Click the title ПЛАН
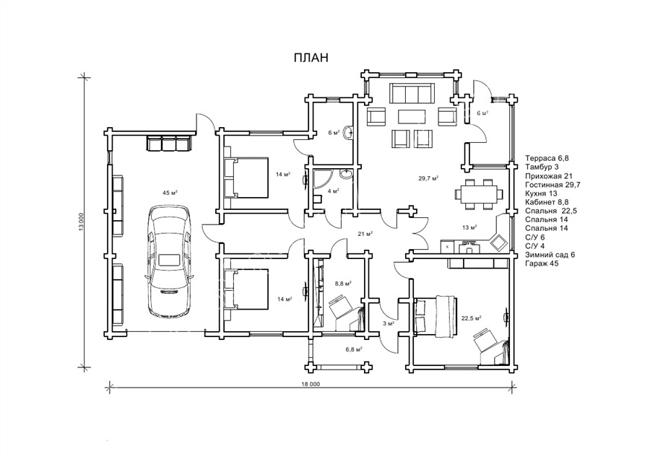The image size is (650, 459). tap(311, 58)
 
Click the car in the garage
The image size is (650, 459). tap(170, 261)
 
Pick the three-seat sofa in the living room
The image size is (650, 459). tap(411, 93)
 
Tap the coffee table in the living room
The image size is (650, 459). tap(412, 116)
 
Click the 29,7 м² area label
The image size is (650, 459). tap(428, 178)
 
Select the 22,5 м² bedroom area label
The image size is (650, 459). tap(471, 318)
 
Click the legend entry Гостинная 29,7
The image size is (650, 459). tap(552, 184)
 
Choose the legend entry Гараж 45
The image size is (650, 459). tap(542, 263)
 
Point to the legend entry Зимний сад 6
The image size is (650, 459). tap(550, 255)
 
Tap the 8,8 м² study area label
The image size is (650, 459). tap(343, 284)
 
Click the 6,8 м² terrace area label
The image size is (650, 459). tap(355, 349)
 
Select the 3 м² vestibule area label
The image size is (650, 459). tap(389, 323)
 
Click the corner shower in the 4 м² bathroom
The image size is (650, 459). tap(321, 178)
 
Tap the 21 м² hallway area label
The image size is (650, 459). tap(365, 234)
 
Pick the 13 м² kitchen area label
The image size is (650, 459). tap(469, 227)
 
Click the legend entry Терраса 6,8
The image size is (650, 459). tap(546, 158)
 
